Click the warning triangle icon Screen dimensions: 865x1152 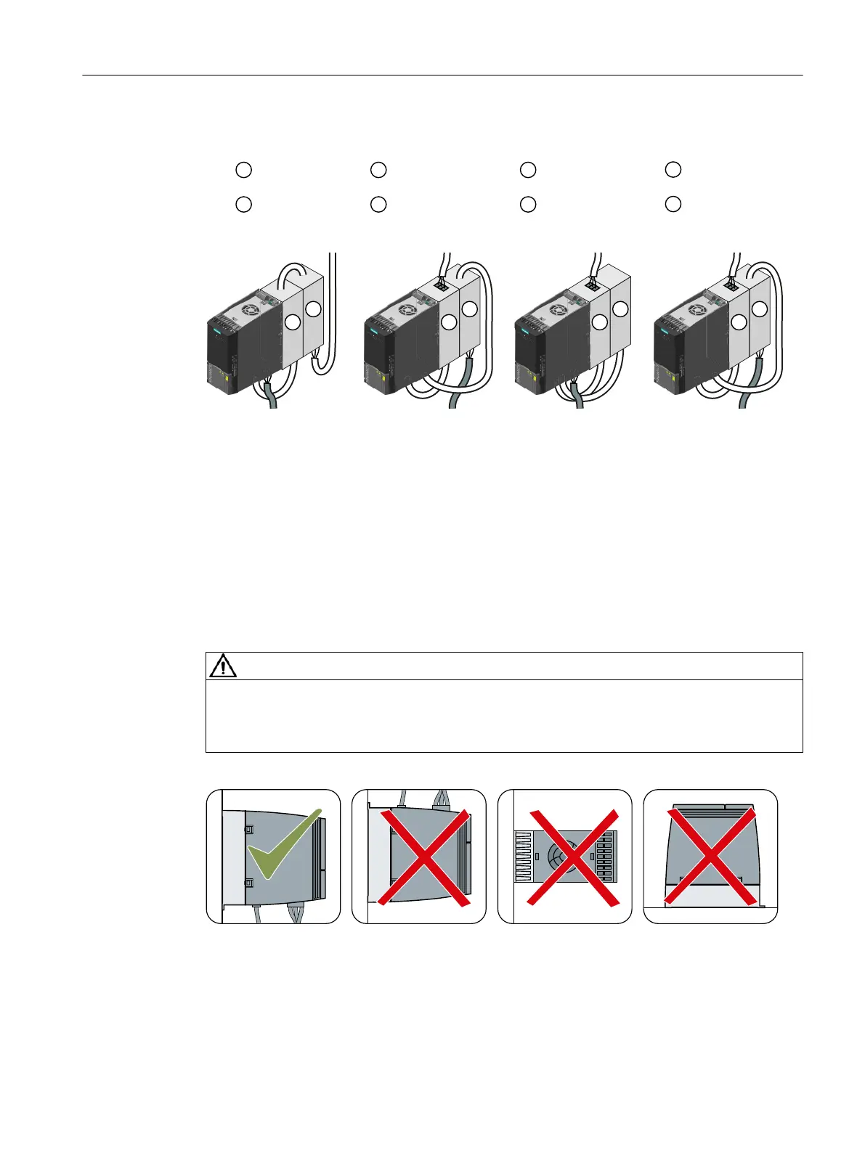click(223, 666)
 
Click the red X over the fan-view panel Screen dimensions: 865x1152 click(573, 857)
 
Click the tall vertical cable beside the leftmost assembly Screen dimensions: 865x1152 click(333, 305)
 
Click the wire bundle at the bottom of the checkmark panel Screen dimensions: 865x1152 click(297, 912)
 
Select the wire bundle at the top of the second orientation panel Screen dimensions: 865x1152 click(441, 800)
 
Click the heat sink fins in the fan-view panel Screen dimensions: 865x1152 click(523, 857)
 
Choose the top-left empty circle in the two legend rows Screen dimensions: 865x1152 click(243, 170)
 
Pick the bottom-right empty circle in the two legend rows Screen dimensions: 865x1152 click(673, 204)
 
